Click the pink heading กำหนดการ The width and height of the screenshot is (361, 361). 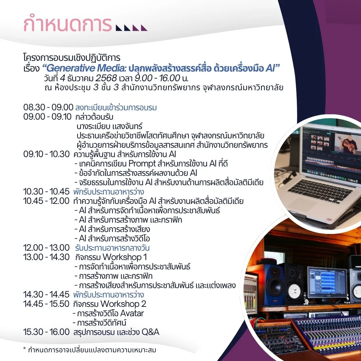tap(68, 24)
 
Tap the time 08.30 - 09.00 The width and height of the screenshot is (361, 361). tap(48, 107)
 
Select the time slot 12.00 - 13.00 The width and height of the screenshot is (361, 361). tap(46, 247)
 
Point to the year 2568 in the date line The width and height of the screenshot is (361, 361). tap(106, 78)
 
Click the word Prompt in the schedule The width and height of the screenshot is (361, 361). tap(142, 163)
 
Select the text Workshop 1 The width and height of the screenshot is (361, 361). tap(125, 257)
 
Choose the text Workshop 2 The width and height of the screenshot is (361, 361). tap(123, 304)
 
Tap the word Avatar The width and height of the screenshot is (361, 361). tap(132, 313)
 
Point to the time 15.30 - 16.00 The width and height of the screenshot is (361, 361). tap(46, 332)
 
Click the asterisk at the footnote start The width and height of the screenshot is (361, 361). tap(25, 349)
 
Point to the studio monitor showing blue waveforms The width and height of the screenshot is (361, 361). tap(327, 282)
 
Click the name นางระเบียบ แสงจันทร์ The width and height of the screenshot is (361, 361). tap(109, 126)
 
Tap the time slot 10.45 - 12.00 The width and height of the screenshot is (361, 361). tap(46, 201)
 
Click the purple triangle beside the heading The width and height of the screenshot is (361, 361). tap(144, 28)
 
